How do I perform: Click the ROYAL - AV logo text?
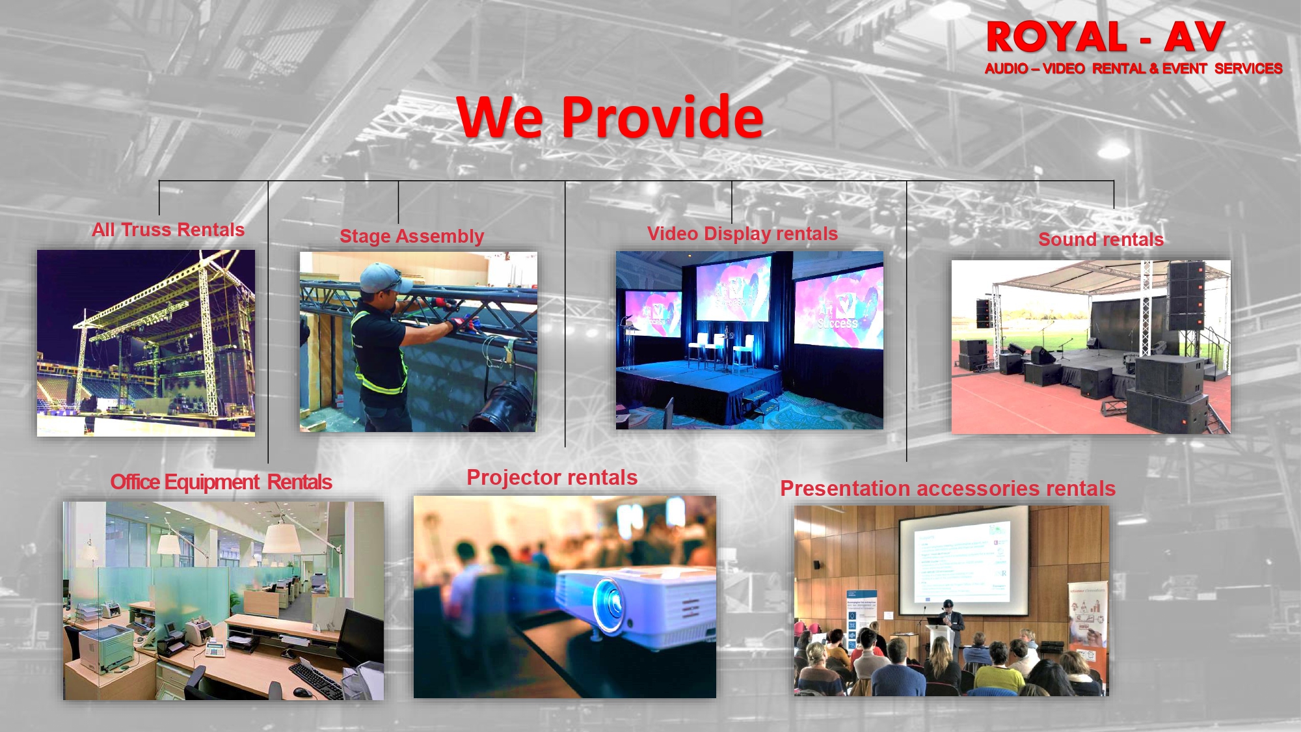point(1106,37)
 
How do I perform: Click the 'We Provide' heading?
point(610,116)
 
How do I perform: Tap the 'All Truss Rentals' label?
point(168,230)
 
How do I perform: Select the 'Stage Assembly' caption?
point(412,236)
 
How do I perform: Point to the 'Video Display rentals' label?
point(742,234)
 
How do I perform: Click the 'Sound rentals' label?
point(1101,239)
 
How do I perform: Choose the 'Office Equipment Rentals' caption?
point(221,482)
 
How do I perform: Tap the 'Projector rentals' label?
point(552,478)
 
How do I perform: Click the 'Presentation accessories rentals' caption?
point(948,489)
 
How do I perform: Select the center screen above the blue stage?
point(733,290)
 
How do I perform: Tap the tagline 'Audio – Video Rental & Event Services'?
point(1133,69)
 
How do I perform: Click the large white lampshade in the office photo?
point(280,539)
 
